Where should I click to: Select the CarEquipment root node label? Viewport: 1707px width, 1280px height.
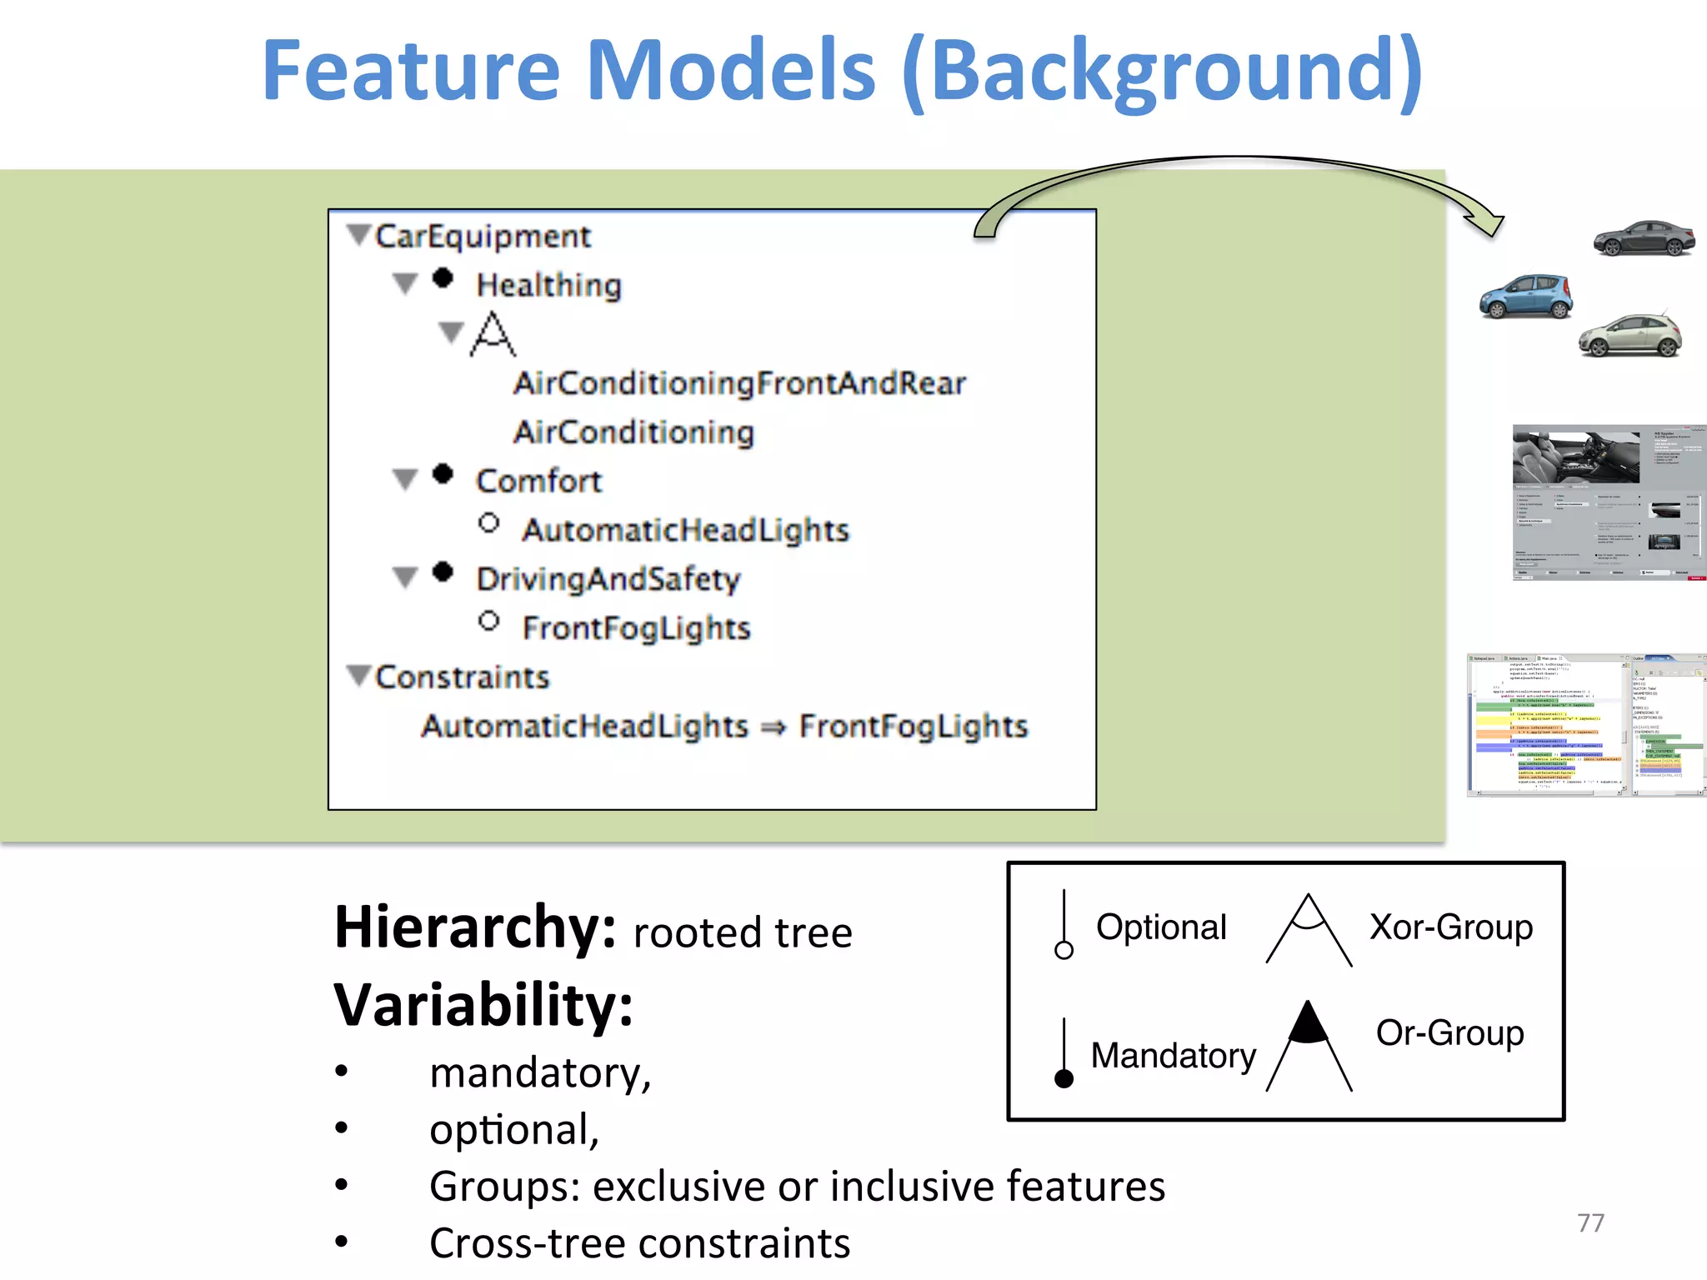(483, 237)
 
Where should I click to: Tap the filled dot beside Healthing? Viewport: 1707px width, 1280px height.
(443, 278)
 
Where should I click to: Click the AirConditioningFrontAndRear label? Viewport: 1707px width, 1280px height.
(739, 383)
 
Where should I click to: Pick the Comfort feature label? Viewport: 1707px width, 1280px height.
(538, 481)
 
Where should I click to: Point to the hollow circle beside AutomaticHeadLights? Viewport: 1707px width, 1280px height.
(489, 523)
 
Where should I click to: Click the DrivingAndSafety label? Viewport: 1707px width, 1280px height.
(608, 579)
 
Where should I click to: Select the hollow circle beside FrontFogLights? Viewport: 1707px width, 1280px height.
(489, 622)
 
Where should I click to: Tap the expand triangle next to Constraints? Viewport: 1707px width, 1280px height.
(358, 675)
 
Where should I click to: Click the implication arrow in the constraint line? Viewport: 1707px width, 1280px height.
(773, 727)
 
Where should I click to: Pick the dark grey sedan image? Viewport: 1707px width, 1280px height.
(1644, 238)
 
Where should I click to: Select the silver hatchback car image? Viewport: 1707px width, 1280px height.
(1630, 336)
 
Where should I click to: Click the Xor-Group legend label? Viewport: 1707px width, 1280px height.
(1450, 927)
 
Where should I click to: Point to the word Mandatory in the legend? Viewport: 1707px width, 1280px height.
(1173, 1055)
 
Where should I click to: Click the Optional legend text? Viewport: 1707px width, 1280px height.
(1160, 927)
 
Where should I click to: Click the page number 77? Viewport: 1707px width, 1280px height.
(1590, 1222)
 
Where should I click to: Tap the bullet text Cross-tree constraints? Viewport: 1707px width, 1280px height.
(639, 1243)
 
